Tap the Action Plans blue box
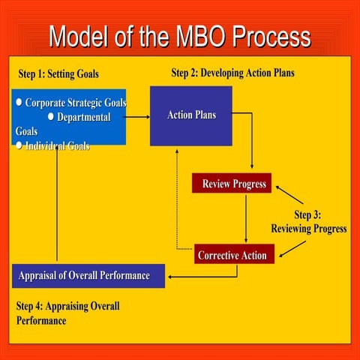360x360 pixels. pos(190,115)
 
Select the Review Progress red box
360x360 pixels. pos(234,184)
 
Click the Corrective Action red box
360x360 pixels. pos(232,255)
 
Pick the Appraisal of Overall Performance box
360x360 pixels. pos(88,275)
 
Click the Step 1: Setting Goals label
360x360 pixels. pos(58,74)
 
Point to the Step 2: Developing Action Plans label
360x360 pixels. pos(232,73)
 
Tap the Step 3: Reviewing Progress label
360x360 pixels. pos(308,222)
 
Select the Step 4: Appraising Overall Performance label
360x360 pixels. pos(67,313)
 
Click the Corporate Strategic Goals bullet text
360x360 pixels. pos(75,103)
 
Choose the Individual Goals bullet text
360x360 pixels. pos(57,145)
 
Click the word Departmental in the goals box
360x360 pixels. pos(83,117)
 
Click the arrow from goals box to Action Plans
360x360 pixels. pos(137,117)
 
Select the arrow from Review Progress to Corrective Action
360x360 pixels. pos(246,217)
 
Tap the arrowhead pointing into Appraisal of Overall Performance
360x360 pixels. pos(171,276)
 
